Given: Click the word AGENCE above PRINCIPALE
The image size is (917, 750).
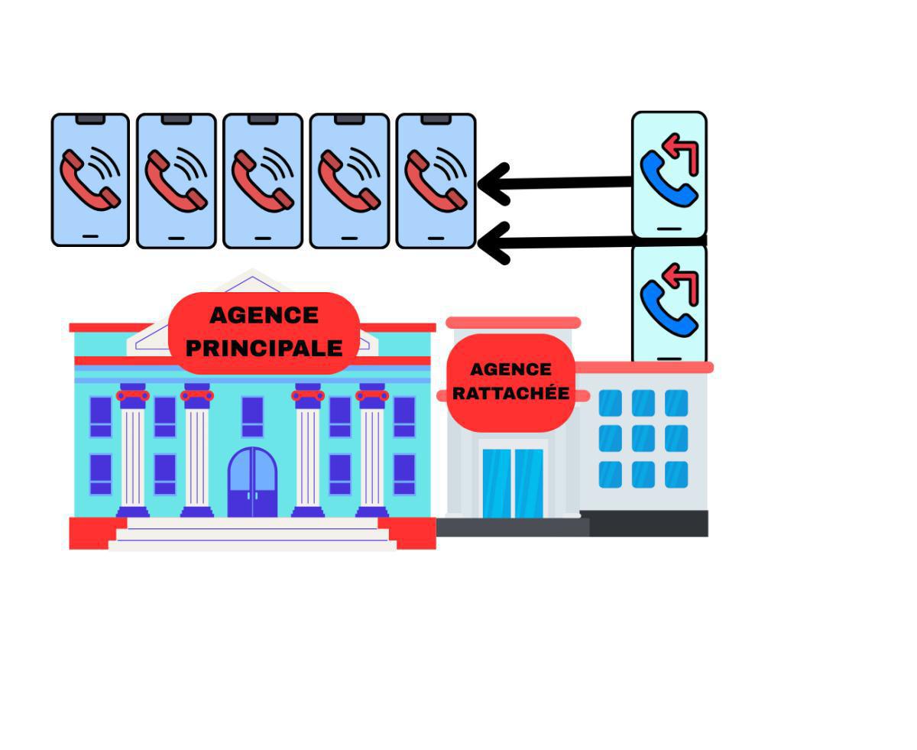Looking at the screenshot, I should [x=264, y=315].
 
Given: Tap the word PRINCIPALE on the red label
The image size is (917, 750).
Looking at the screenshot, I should [x=264, y=348].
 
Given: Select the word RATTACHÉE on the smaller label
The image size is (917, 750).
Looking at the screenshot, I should [x=510, y=394].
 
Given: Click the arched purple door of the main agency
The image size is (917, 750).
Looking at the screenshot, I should [x=253, y=482].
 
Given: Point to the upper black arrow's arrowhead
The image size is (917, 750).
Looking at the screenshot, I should [x=493, y=184].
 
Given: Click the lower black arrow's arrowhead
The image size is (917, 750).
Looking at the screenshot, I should [x=493, y=243].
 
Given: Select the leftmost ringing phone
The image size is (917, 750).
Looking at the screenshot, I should [x=90, y=180].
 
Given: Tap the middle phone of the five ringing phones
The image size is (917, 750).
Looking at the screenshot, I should [x=263, y=180].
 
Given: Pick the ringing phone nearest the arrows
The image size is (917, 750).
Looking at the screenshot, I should [x=436, y=180].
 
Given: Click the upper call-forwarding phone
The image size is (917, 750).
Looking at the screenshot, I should [x=669, y=175].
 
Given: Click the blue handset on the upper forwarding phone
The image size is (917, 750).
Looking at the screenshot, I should [x=666, y=179].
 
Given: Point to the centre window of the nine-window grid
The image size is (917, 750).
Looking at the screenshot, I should [x=643, y=439].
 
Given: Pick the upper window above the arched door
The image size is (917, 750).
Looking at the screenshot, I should [x=252, y=416].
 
